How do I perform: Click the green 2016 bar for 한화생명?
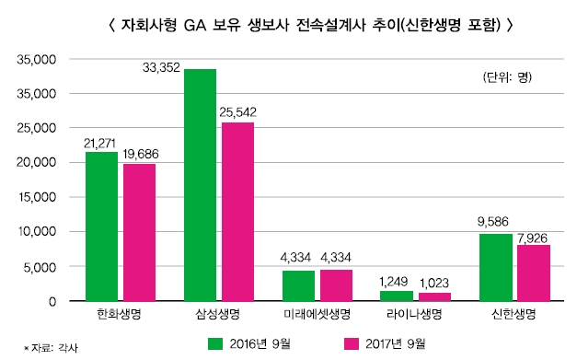[x=101, y=226]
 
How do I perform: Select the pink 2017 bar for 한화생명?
[x=139, y=232]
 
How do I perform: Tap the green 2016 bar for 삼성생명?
[x=200, y=185]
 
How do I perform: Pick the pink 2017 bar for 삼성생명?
[x=237, y=212]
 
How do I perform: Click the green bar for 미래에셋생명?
[x=298, y=285]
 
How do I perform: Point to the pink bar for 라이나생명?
[x=434, y=296]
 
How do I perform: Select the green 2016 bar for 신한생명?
[x=496, y=267]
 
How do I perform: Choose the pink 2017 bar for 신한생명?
[x=534, y=273]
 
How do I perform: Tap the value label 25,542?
[x=237, y=112]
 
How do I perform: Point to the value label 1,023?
[x=435, y=283]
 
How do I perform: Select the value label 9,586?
[x=495, y=224]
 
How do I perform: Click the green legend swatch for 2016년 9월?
[x=216, y=343]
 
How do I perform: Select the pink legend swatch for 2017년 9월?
[x=350, y=343]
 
